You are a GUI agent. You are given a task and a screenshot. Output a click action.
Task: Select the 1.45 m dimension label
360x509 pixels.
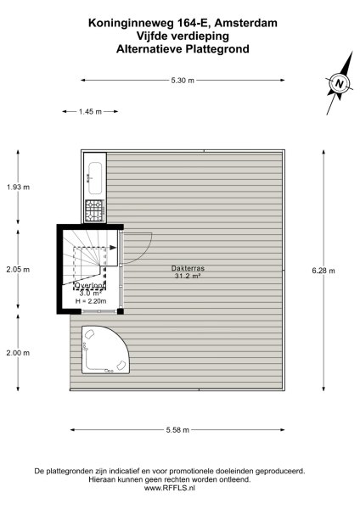pyautogui.click(x=90, y=111)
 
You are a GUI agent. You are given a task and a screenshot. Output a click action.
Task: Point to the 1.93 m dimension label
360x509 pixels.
pyautogui.click(x=18, y=187)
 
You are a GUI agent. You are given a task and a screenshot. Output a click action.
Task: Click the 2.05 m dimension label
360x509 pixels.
pyautogui.click(x=18, y=270)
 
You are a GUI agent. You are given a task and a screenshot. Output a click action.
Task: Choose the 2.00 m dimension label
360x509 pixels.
pyautogui.click(x=18, y=353)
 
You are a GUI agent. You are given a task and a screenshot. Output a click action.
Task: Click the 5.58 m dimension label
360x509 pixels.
pyautogui.click(x=177, y=428)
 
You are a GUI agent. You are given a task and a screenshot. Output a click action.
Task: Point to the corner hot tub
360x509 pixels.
pyautogui.click(x=104, y=350)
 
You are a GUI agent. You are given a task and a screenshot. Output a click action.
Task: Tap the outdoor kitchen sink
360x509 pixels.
pyautogui.click(x=93, y=177)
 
